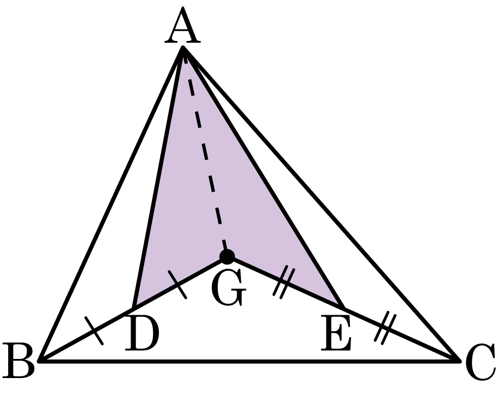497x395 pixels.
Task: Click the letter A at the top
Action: click(x=182, y=26)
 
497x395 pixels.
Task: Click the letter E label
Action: click(x=335, y=333)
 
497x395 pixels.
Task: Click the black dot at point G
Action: click(x=227, y=256)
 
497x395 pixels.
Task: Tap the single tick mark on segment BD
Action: click(x=94, y=331)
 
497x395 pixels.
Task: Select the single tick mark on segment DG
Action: click(x=177, y=284)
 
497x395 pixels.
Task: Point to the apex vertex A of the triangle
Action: click(x=183, y=48)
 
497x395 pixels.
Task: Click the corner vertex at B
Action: click(x=40, y=361)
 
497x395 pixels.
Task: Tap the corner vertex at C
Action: click(x=459, y=361)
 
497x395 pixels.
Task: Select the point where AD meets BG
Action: click(x=134, y=308)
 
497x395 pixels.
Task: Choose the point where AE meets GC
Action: click(x=344, y=308)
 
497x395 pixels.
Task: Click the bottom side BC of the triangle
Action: click(x=250, y=361)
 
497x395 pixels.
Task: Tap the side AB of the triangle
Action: click(x=111, y=204)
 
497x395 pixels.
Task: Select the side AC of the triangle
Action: click(x=321, y=204)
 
